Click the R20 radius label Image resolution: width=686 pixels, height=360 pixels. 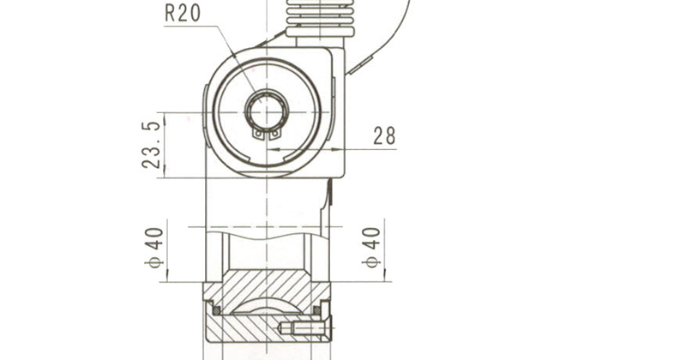[x=183, y=13]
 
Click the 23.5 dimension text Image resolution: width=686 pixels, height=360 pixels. [x=152, y=145]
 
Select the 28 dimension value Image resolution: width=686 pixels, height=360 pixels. [x=384, y=135]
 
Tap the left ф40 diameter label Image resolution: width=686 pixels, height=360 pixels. [x=154, y=248]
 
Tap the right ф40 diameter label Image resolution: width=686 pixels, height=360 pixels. [x=371, y=248]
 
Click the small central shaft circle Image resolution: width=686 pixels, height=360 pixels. [x=267, y=111]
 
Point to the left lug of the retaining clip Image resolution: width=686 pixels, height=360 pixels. [x=259, y=134]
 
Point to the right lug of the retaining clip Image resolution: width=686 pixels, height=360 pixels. [x=274, y=134]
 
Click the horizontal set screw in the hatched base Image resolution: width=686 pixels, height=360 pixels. [x=303, y=327]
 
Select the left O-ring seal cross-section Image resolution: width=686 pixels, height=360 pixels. [x=216, y=310]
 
